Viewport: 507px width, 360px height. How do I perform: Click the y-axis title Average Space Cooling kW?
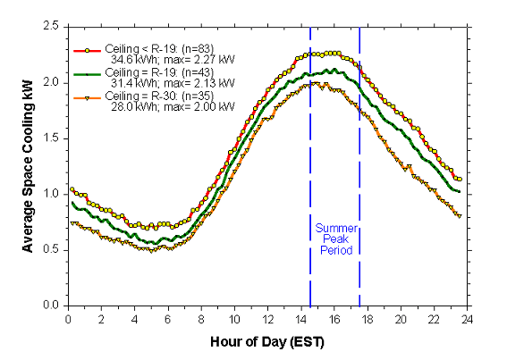(28, 167)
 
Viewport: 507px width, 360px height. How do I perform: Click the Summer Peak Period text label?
(335, 239)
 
